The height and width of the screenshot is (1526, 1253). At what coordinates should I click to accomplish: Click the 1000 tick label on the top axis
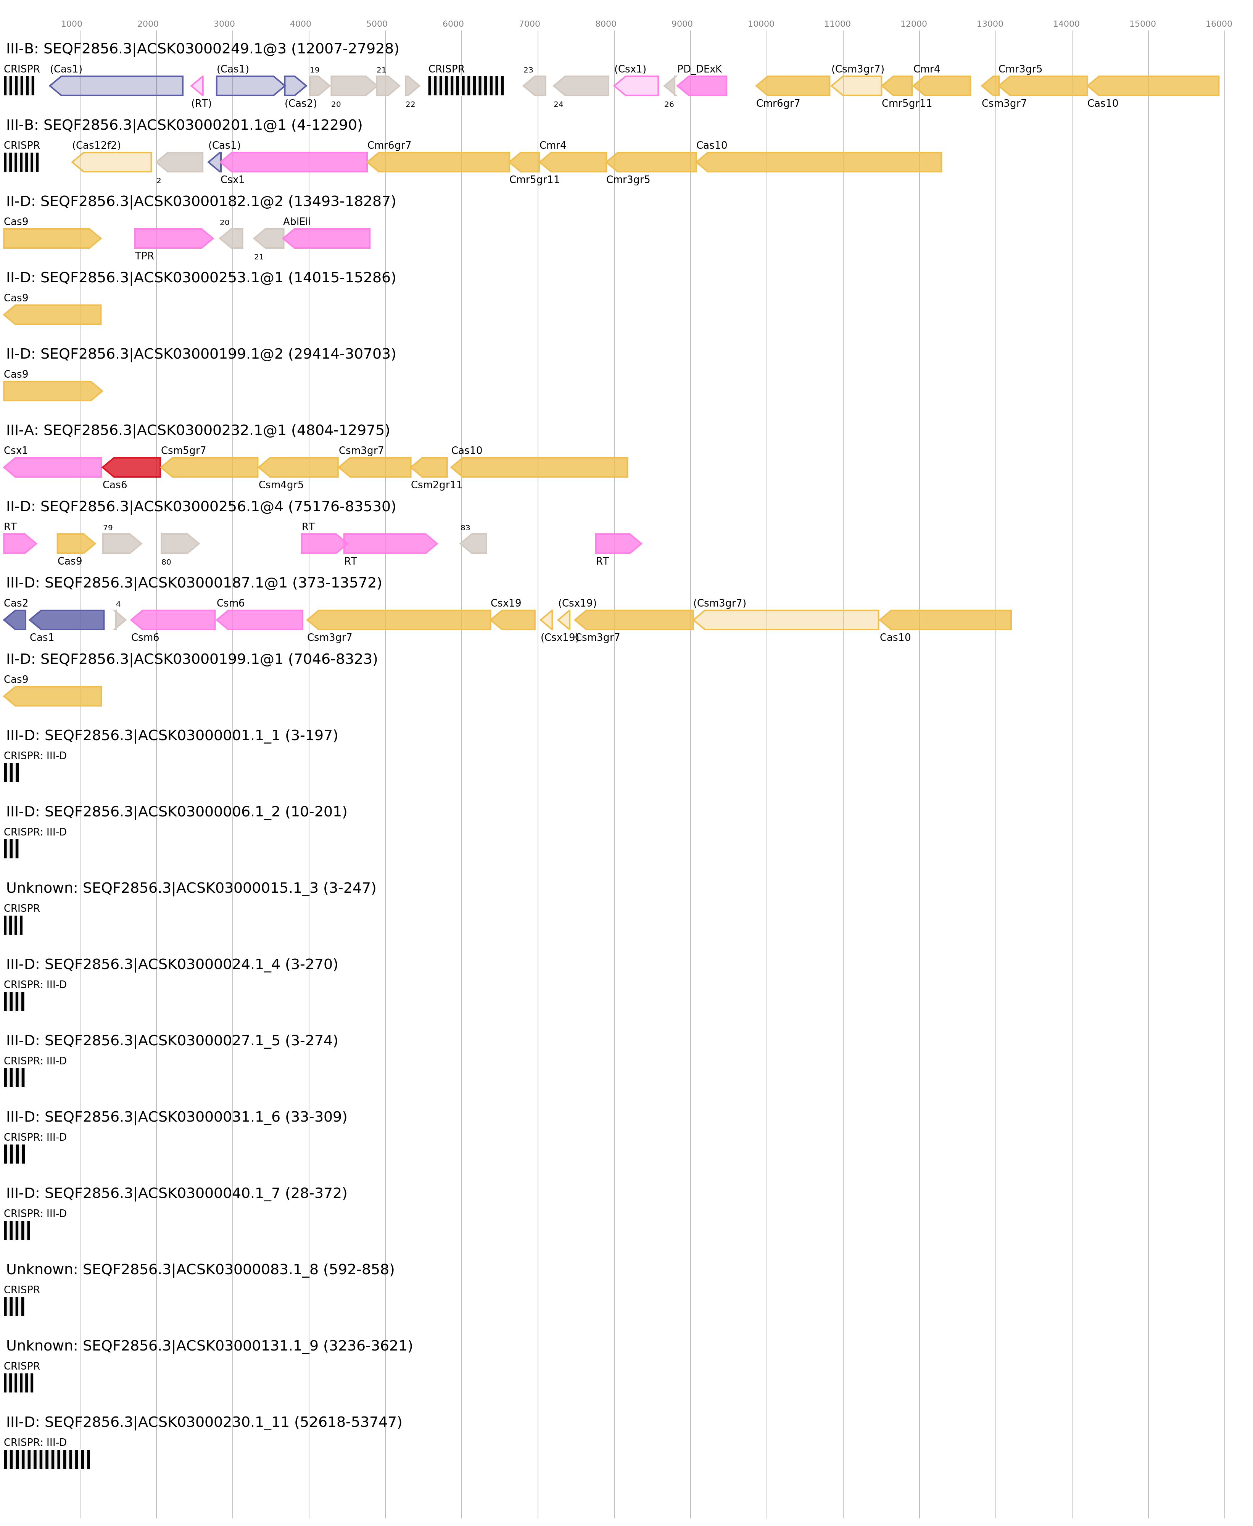pyautogui.click(x=71, y=24)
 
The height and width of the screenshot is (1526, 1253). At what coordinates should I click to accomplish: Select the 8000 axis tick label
pyautogui.click(x=606, y=24)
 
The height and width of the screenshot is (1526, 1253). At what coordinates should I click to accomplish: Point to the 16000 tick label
pyautogui.click(x=1218, y=24)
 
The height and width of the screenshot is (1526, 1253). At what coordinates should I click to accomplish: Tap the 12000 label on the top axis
pyautogui.click(x=913, y=24)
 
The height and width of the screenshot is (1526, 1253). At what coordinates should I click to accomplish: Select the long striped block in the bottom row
pyautogui.click(x=47, y=1459)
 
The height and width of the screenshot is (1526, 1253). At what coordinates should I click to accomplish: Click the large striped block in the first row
pyautogui.click(x=465, y=86)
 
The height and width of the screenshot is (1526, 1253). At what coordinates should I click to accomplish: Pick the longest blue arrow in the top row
pyautogui.click(x=116, y=86)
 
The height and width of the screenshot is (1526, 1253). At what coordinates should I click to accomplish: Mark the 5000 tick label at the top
pyautogui.click(x=377, y=24)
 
